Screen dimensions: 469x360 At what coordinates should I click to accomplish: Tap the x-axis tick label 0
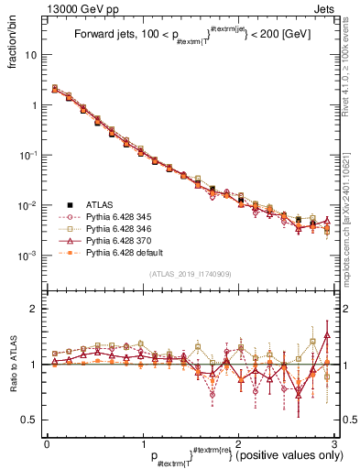47,442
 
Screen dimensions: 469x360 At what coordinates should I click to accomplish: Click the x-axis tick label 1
143,442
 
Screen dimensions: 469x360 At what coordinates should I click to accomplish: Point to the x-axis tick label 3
335,442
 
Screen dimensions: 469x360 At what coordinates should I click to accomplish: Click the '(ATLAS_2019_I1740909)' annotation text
191,274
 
